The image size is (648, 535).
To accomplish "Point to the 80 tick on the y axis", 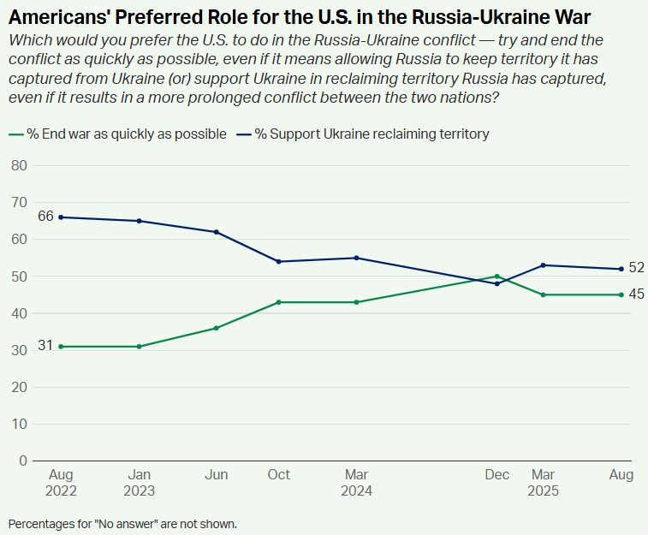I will click(19, 165).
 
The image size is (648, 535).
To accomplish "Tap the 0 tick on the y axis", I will click(23, 461).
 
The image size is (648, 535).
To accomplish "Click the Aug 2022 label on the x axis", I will click(60, 483).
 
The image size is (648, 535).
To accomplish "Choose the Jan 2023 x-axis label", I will click(139, 483).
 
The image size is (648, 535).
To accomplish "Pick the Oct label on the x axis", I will click(278, 475).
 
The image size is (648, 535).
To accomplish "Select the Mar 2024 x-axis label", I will click(356, 483).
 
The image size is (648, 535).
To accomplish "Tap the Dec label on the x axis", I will click(496, 475).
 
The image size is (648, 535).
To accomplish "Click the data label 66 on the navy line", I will click(45, 217).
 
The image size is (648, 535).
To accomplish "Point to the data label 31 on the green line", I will click(45, 346).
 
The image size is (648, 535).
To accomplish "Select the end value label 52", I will click(636, 268).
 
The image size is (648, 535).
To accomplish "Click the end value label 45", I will click(636, 294).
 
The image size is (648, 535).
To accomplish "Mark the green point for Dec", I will click(496, 276).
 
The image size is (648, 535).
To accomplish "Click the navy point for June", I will click(217, 232).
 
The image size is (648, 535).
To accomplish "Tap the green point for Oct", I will click(278, 302).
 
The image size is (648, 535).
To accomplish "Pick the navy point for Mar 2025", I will click(544, 265).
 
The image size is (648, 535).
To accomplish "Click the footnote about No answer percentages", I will click(122, 523).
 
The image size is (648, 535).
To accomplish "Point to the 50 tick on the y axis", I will click(19, 276).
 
